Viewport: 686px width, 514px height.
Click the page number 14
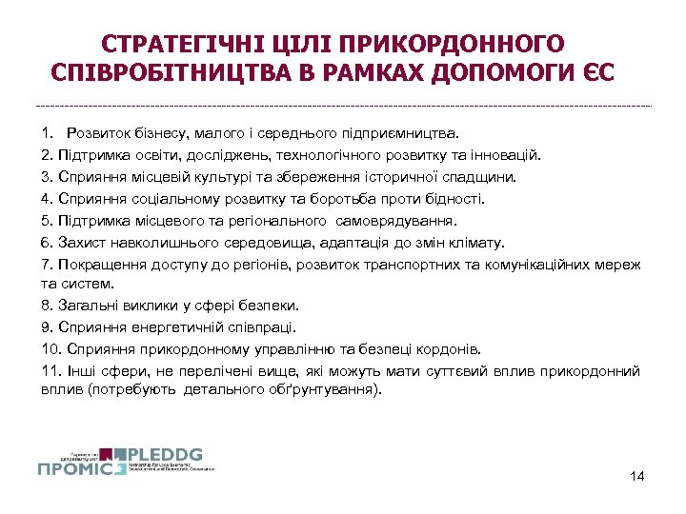coord(637,475)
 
